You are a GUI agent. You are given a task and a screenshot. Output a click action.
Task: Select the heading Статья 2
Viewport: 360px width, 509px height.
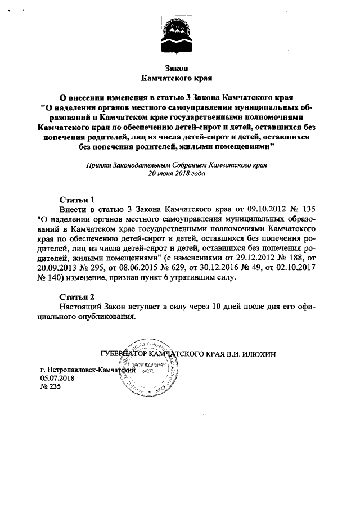click(77, 296)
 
